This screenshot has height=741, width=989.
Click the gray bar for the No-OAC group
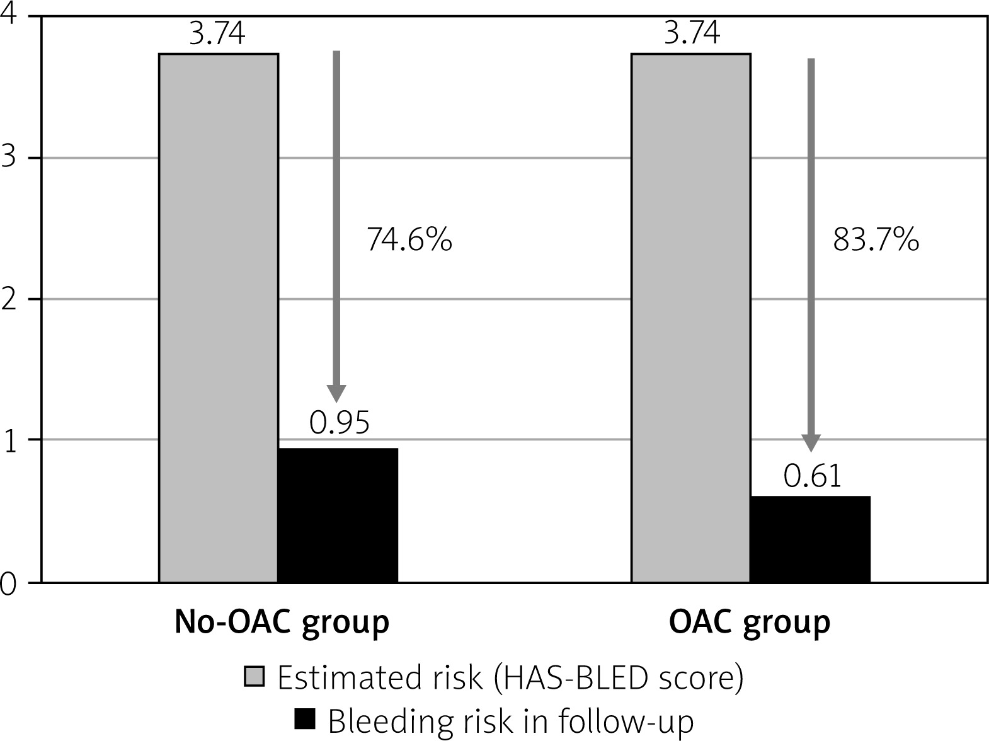219,318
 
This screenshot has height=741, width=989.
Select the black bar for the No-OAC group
338,515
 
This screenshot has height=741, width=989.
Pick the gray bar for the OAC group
690,318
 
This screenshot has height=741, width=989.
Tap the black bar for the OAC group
811,539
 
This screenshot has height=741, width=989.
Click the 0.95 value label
340,423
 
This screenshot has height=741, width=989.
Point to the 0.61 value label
812,476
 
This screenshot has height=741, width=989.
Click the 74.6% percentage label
409,239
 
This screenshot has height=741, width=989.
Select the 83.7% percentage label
876,239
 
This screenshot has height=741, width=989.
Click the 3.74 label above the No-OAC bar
217,33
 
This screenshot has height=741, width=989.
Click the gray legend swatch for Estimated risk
254,676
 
